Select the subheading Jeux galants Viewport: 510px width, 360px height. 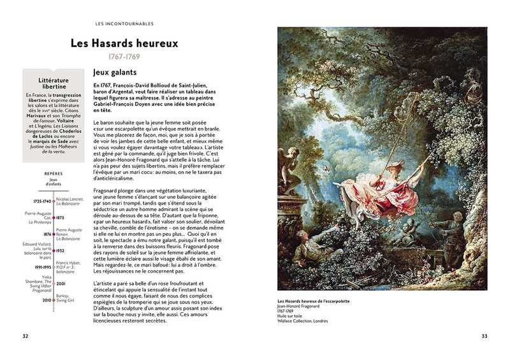click(x=114, y=73)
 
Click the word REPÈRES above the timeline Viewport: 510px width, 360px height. click(x=54, y=173)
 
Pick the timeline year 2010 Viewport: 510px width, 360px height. click(x=46, y=299)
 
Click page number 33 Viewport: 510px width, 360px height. click(x=484, y=336)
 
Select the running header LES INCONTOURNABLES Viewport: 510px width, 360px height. click(x=124, y=24)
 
